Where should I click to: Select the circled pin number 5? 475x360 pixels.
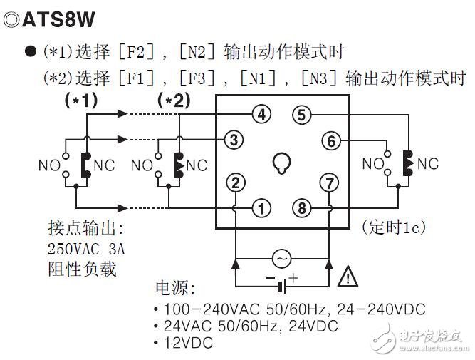(302, 115)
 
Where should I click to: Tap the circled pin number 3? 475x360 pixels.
(234, 139)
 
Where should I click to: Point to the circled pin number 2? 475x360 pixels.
(235, 183)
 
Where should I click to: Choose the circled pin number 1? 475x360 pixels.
(263, 208)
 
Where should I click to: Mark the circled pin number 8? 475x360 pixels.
(302, 208)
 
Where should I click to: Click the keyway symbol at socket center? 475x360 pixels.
(282, 164)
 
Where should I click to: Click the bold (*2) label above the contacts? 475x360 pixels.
(174, 101)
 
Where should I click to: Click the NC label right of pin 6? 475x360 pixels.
(428, 163)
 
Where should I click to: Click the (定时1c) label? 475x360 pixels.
(394, 227)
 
